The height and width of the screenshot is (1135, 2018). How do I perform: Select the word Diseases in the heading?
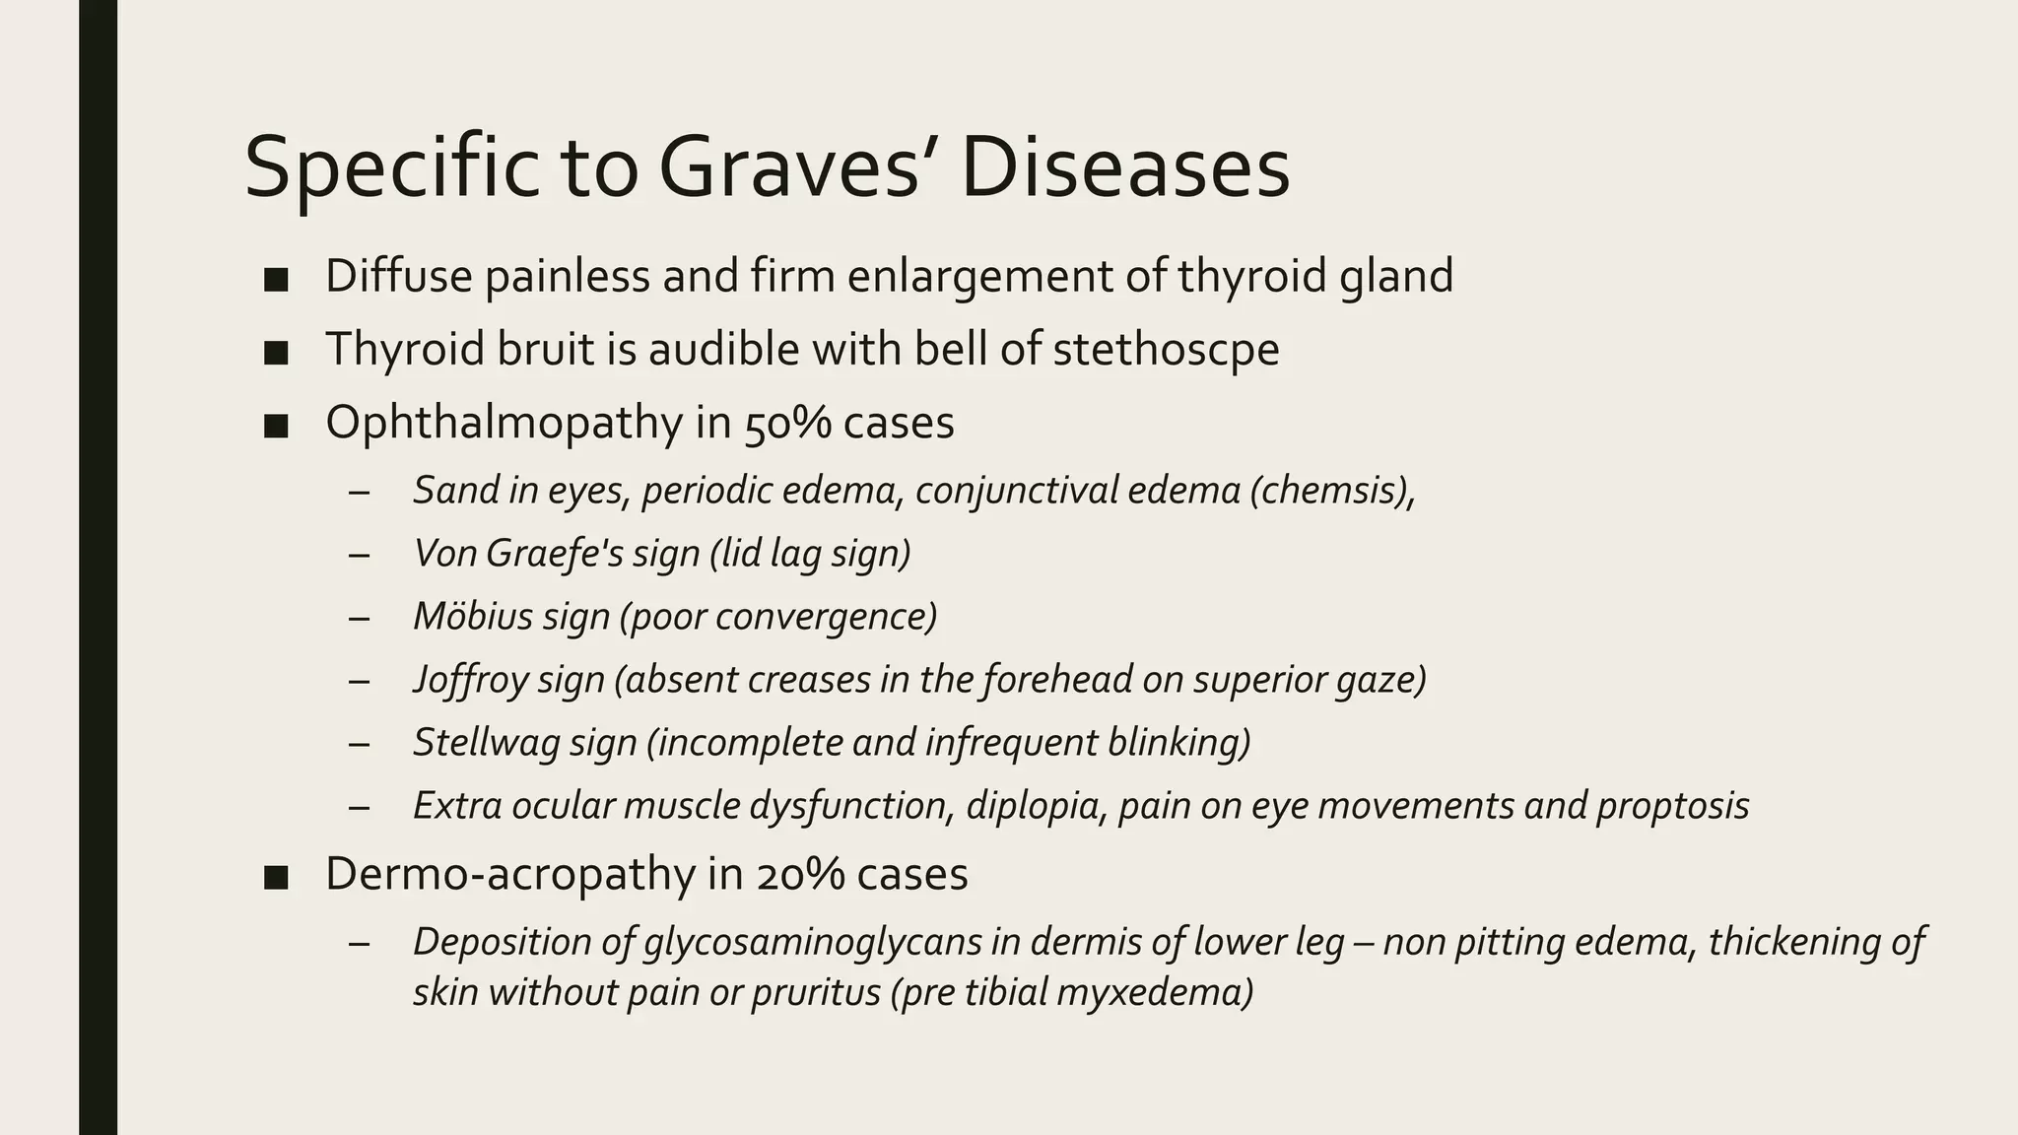[1125, 167]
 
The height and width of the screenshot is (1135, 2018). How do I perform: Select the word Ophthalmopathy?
[504, 423]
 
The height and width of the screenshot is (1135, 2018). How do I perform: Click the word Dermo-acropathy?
[509, 874]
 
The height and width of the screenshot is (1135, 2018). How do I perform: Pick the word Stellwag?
[471, 743]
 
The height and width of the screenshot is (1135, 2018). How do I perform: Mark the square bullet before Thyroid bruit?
[276, 352]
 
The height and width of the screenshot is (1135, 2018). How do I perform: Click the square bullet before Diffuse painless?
[276, 279]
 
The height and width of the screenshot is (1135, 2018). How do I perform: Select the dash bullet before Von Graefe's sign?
[359, 555]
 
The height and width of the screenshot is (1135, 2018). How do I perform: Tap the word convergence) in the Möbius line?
[826, 617]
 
